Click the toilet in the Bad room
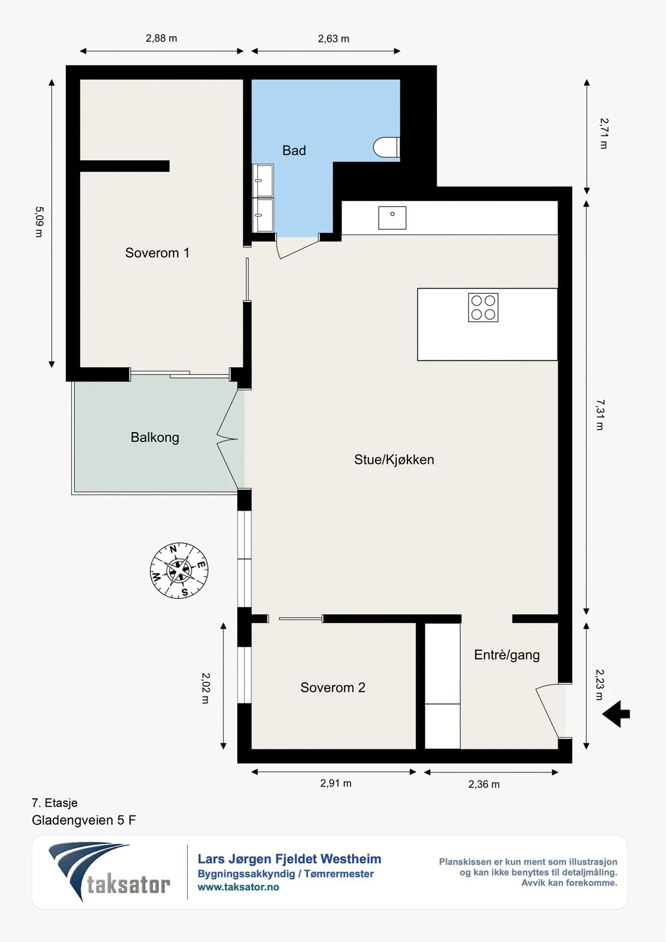[x=387, y=147]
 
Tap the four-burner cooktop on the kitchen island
[x=483, y=307]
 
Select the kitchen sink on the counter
[x=392, y=218]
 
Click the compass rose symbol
[x=179, y=570]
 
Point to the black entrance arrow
[x=616, y=714]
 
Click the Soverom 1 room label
[x=157, y=253]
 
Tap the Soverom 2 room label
[x=333, y=687]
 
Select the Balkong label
[x=155, y=437]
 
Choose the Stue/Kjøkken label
[x=394, y=460]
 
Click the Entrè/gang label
[x=507, y=655]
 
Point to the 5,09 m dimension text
[x=39, y=221]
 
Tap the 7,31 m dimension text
[x=599, y=414]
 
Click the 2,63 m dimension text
[x=334, y=39]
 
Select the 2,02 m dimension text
[x=206, y=688]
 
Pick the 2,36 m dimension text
[x=484, y=784]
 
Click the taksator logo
[x=110, y=871]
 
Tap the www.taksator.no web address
[x=238, y=887]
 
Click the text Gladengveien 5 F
[x=84, y=820]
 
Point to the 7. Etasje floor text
[x=55, y=803]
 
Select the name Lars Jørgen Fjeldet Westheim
[x=290, y=859]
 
